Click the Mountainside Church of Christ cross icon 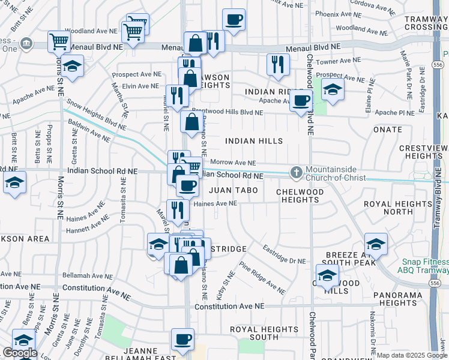[296, 173]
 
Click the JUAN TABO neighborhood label [233, 190]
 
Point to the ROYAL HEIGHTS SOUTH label [264, 333]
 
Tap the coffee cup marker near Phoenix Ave [234, 19]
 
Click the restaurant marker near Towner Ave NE [277, 64]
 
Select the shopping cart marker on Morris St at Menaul [59, 41]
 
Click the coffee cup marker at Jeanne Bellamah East [182, 339]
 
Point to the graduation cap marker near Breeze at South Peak [376, 244]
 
